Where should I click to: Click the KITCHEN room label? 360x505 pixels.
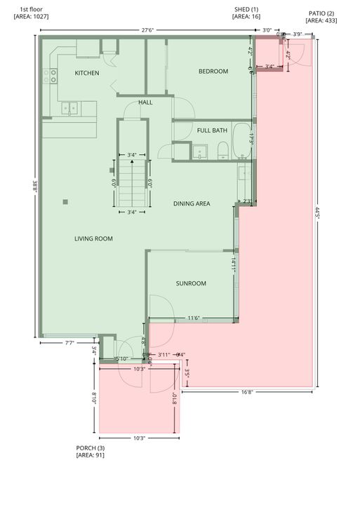pos(87,73)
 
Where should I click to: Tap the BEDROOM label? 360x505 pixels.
pos(213,71)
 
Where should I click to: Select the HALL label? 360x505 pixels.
pos(145,102)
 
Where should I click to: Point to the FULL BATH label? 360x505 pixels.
pos(212,130)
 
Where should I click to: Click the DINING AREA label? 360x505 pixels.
pos(192,204)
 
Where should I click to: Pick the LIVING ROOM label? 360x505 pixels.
pos(93,238)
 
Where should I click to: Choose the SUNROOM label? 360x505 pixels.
pos(191,283)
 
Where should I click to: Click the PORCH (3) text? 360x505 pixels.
pos(91,447)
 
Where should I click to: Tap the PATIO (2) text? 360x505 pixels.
pos(321,13)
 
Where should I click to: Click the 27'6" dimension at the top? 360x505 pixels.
pos(147,30)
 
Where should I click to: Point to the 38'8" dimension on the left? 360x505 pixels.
pos(34,188)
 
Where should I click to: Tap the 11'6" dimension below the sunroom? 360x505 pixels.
pos(194,318)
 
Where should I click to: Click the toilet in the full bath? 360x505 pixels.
pos(222,150)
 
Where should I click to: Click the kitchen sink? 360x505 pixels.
pos(69,108)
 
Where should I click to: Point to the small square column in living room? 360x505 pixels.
pos(65,202)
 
